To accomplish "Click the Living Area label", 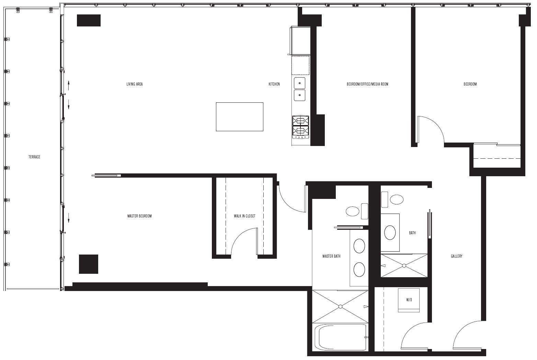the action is click(x=135, y=84).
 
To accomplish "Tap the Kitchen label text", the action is click(x=274, y=84).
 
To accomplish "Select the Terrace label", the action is click(x=34, y=157).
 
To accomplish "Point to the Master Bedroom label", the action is click(x=139, y=216).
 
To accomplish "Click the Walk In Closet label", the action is click(x=244, y=216).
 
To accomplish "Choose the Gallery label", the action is click(x=456, y=256).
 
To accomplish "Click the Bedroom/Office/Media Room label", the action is click(x=367, y=84).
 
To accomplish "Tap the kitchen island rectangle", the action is click(x=240, y=117).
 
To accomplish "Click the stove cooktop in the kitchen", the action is click(x=300, y=127).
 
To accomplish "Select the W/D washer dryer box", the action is click(x=409, y=300).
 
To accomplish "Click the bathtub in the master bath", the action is click(x=340, y=337).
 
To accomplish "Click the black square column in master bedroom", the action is click(x=89, y=264).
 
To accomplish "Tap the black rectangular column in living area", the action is click(x=89, y=20).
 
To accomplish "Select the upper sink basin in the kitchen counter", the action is click(x=300, y=83).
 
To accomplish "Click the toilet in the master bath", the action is click(x=357, y=211).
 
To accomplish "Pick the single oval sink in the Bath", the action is click(x=390, y=233).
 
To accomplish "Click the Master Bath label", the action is click(x=331, y=256).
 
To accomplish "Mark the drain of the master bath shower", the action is click(x=340, y=306).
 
